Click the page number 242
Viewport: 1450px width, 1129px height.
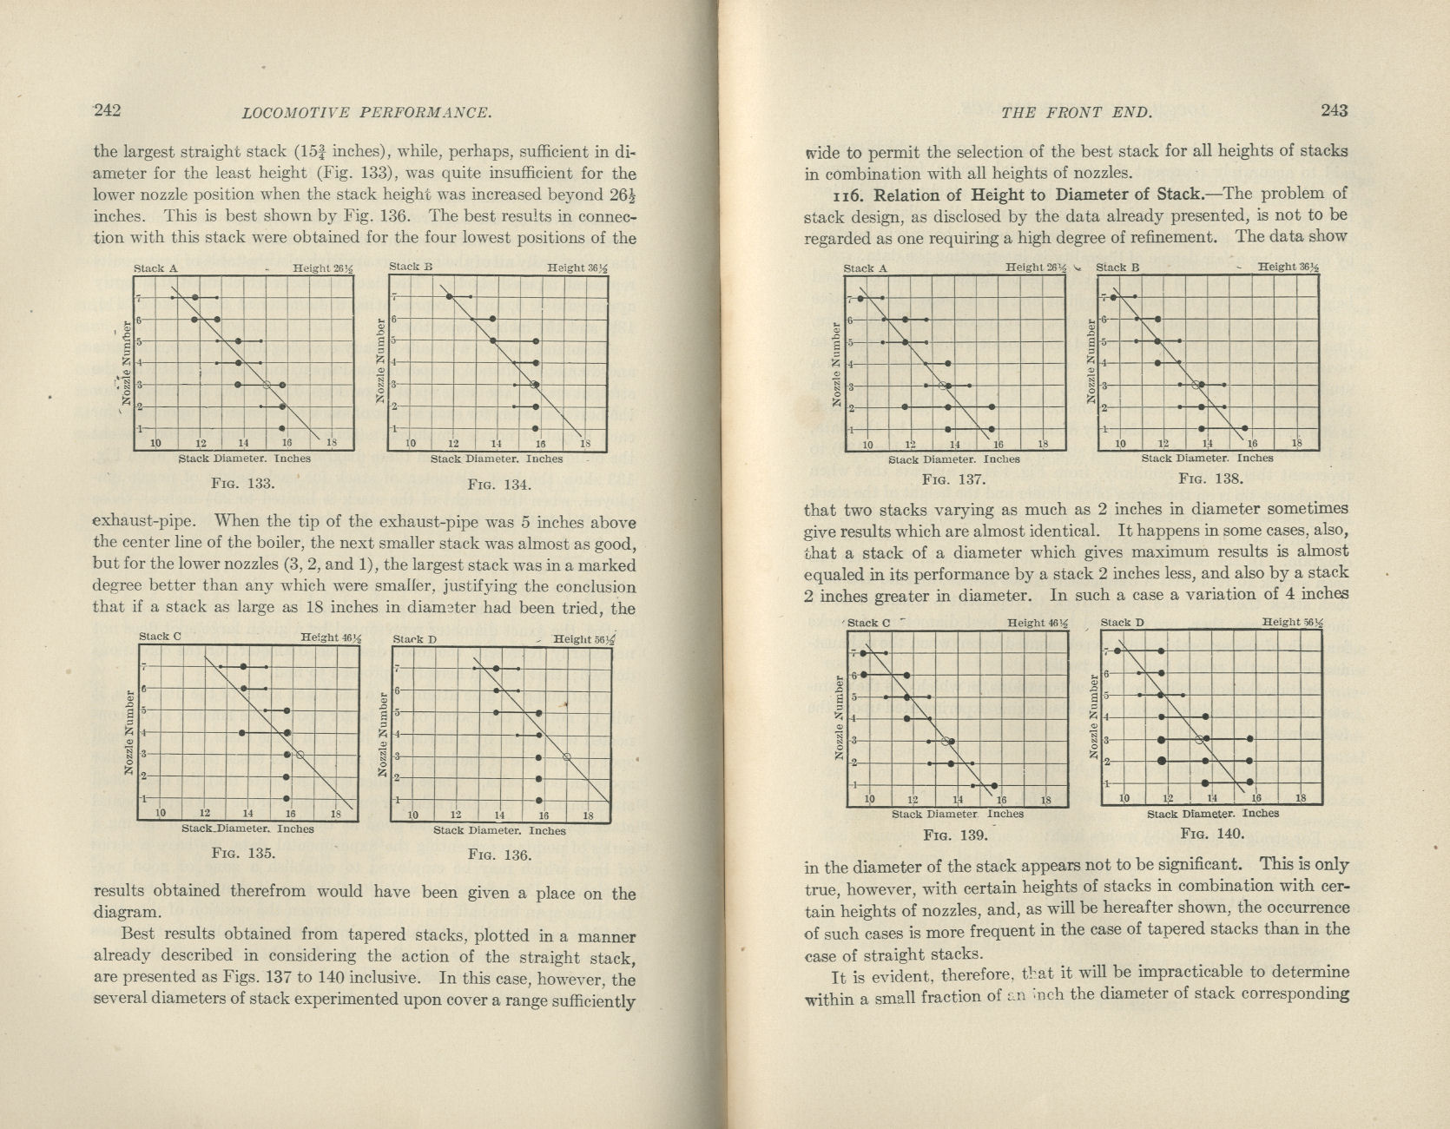click(x=106, y=110)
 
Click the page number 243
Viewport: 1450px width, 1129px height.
click(x=1334, y=110)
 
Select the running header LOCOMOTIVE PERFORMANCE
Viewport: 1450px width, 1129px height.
click(x=367, y=112)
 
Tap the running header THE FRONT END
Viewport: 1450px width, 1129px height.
click(x=1076, y=112)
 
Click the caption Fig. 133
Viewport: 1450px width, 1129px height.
click(x=244, y=484)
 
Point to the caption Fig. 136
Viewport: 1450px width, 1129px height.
click(x=499, y=855)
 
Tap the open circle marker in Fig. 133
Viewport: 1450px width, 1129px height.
click(x=267, y=384)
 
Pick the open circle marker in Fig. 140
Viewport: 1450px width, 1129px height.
click(x=1200, y=739)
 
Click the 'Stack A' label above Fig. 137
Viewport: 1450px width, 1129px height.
click(x=864, y=268)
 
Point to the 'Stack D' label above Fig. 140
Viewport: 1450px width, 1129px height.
click(x=1122, y=622)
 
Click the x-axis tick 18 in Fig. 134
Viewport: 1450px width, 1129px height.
click(x=584, y=444)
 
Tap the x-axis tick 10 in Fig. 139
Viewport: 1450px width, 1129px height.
click(x=869, y=800)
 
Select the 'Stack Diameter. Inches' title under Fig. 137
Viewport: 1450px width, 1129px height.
click(x=953, y=459)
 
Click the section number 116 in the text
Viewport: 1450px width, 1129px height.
click(x=820, y=195)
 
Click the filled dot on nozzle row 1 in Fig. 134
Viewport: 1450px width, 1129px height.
click(x=535, y=428)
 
